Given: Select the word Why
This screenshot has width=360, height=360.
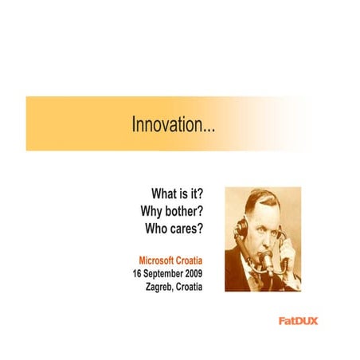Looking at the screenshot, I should pyautogui.click(x=155, y=212).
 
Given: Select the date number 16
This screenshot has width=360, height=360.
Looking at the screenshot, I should pyautogui.click(x=138, y=273).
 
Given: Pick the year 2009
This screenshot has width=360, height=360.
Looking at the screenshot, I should pyautogui.click(x=195, y=273).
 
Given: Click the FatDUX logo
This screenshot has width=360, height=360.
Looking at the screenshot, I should pyautogui.click(x=299, y=322).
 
